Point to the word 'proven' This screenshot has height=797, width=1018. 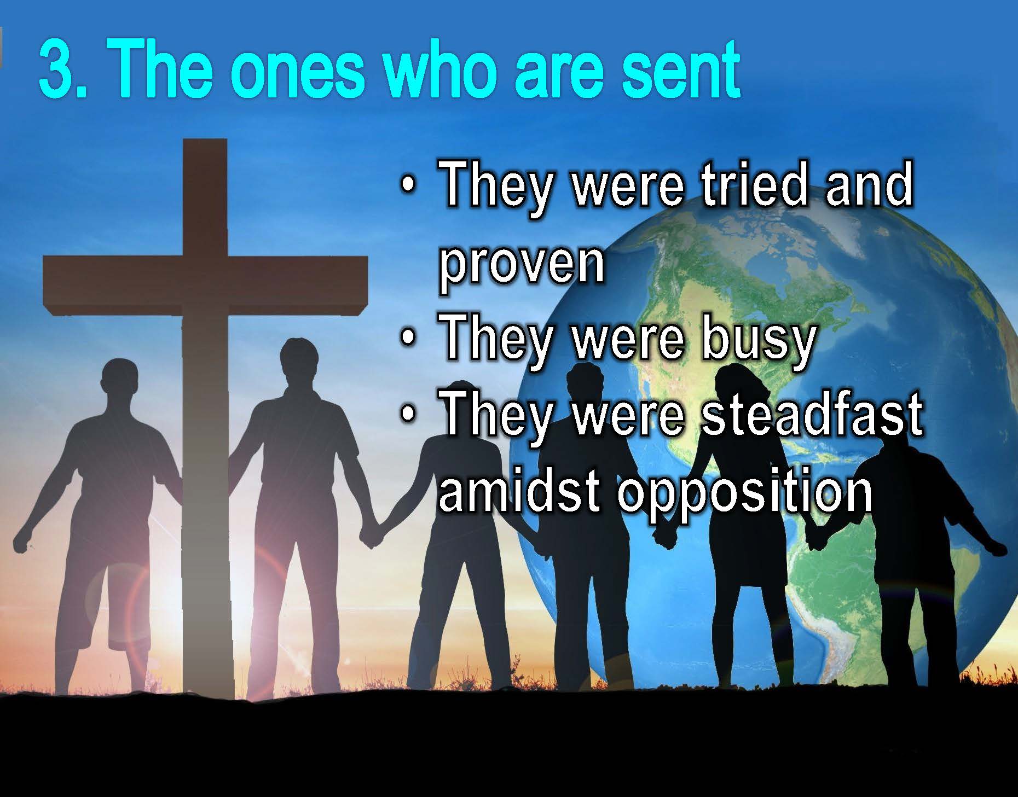(522, 264)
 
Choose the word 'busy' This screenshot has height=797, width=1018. (759, 339)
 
